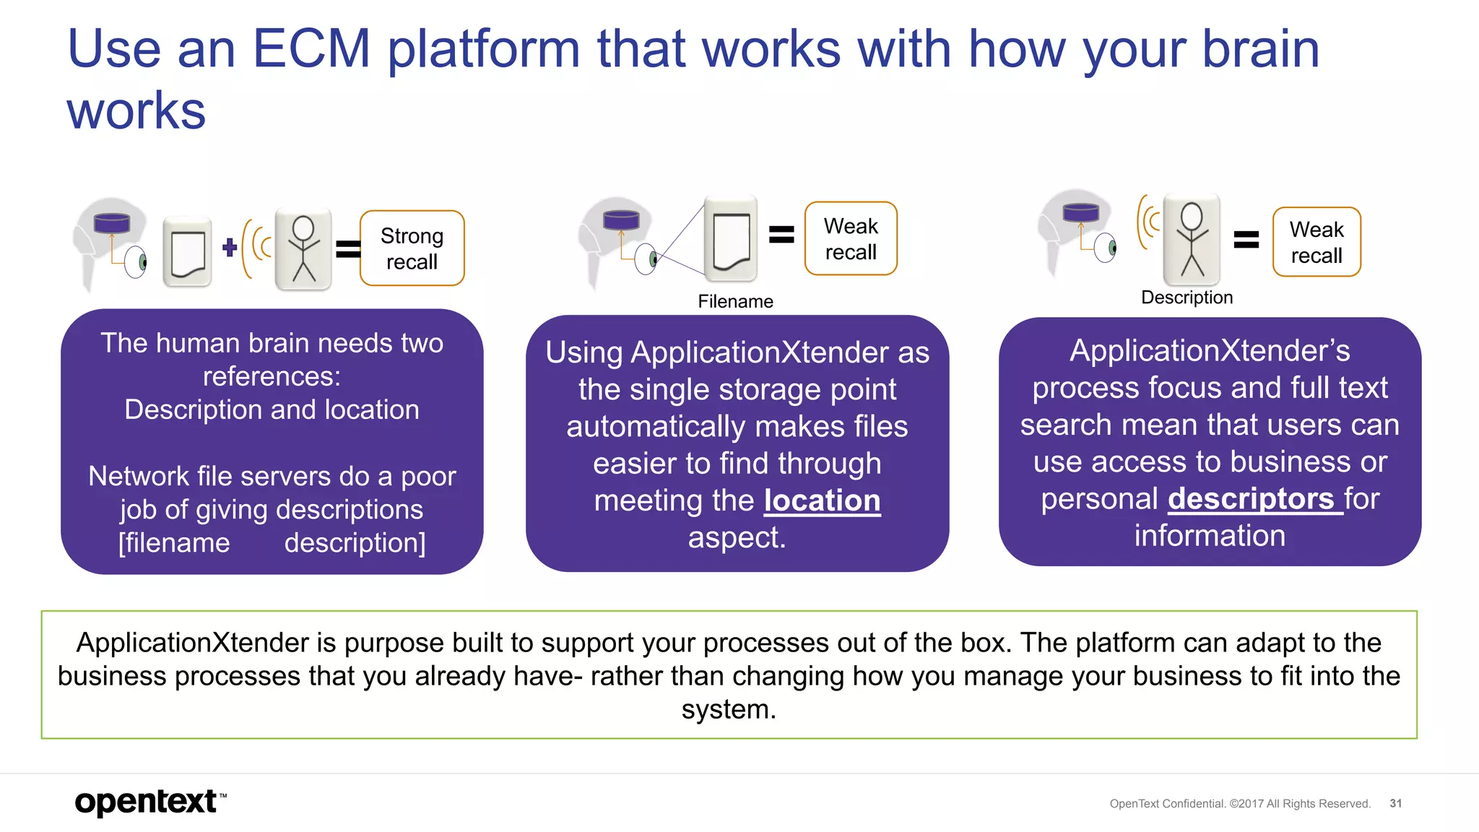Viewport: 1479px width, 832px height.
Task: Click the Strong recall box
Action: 412,248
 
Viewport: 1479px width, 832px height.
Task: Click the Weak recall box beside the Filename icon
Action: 851,239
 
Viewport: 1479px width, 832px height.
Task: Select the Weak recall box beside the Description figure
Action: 1316,242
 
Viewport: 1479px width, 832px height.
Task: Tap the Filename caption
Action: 735,301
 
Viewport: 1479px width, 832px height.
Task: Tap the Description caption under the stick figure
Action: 1187,298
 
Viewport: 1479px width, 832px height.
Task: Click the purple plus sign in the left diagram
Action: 230,248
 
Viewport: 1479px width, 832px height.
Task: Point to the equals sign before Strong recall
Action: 348,248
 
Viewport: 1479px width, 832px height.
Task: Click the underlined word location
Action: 822,500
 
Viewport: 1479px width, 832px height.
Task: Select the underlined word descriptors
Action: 1251,498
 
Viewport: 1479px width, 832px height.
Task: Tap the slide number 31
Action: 1395,803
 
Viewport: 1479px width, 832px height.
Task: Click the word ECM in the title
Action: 311,49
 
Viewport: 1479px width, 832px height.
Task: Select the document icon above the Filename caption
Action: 731,239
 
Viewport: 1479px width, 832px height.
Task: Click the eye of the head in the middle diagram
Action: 646,259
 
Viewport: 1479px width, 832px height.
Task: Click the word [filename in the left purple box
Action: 174,543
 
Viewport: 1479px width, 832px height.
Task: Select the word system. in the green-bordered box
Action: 729,709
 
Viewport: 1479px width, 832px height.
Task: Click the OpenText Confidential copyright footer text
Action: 1239,804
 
